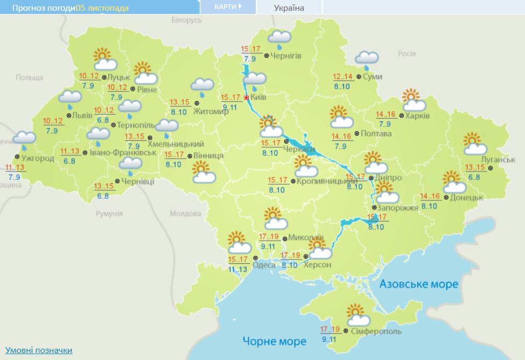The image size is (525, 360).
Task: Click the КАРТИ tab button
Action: pos(227,7)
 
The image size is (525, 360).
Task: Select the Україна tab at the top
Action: pos(289,8)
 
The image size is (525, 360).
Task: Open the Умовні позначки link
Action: pos(39,350)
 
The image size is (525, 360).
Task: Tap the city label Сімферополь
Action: pos(375,332)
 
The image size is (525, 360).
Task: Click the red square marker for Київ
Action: pos(246,98)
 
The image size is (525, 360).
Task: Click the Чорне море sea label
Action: pos(274,341)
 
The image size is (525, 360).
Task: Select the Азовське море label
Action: pos(419,284)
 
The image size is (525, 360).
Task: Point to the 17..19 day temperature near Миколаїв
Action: pos(269,237)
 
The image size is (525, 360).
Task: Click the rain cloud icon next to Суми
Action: pos(366,60)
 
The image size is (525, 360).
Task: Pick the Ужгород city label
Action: pos(38,158)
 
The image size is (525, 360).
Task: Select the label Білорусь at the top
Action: pos(186,20)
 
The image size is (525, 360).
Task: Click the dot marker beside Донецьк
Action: pos(446,198)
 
